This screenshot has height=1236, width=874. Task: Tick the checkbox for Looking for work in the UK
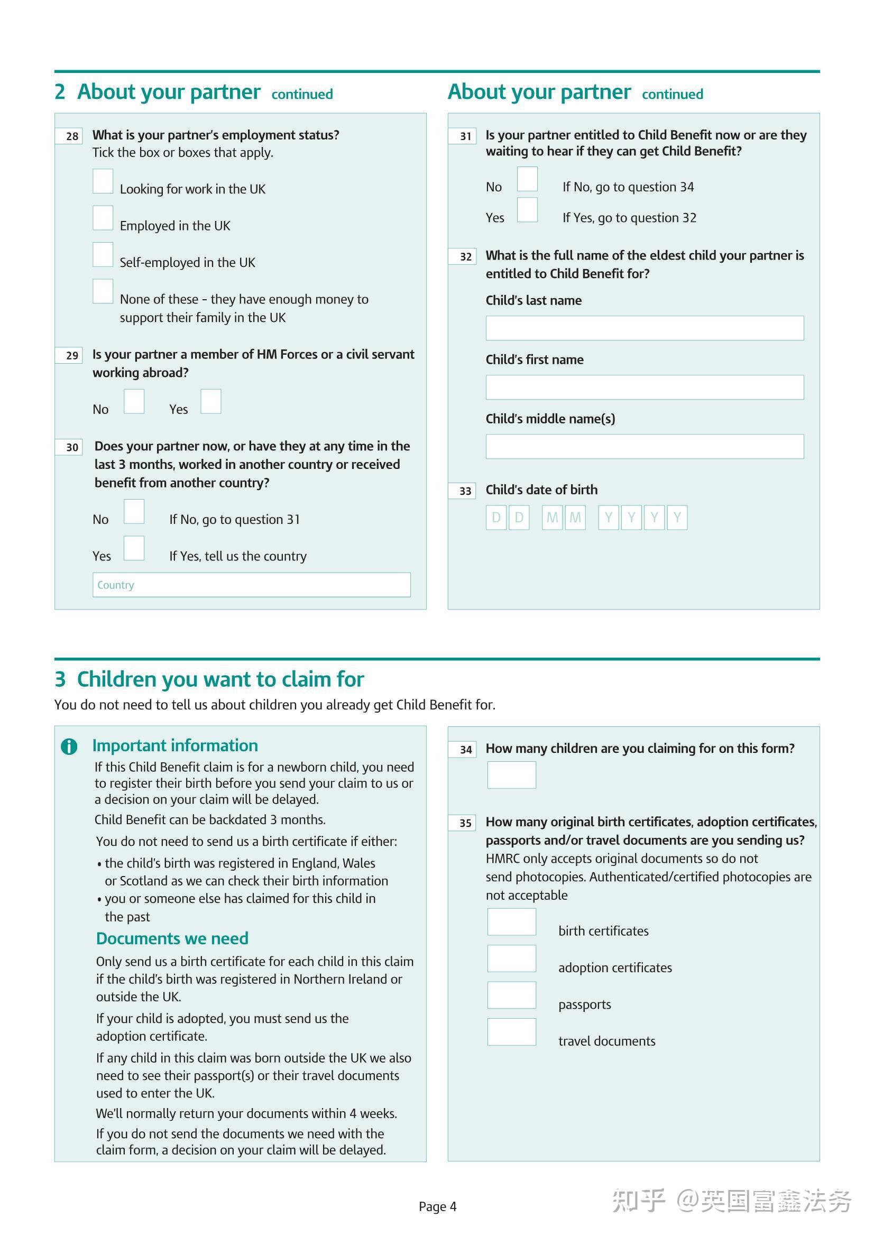103,181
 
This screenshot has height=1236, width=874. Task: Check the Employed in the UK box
103,217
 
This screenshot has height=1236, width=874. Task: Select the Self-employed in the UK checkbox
103,254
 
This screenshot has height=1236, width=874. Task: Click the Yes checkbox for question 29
210,401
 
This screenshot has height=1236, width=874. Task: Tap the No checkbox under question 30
134,511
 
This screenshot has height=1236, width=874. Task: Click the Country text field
252,585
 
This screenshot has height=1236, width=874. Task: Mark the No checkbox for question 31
527,179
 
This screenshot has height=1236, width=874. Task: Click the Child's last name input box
645,328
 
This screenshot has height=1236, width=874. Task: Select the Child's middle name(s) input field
645,446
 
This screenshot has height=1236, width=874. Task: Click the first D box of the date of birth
496,518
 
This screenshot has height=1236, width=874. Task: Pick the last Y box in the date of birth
677,518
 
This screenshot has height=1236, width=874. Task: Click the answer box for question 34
512,774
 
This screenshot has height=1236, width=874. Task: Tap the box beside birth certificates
512,921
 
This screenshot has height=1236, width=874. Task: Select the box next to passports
512,995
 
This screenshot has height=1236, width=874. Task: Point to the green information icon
69,746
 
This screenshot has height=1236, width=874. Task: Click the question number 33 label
462,491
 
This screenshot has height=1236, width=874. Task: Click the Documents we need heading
172,938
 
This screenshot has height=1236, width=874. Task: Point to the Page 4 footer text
437,1206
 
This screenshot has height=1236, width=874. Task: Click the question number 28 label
69,136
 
